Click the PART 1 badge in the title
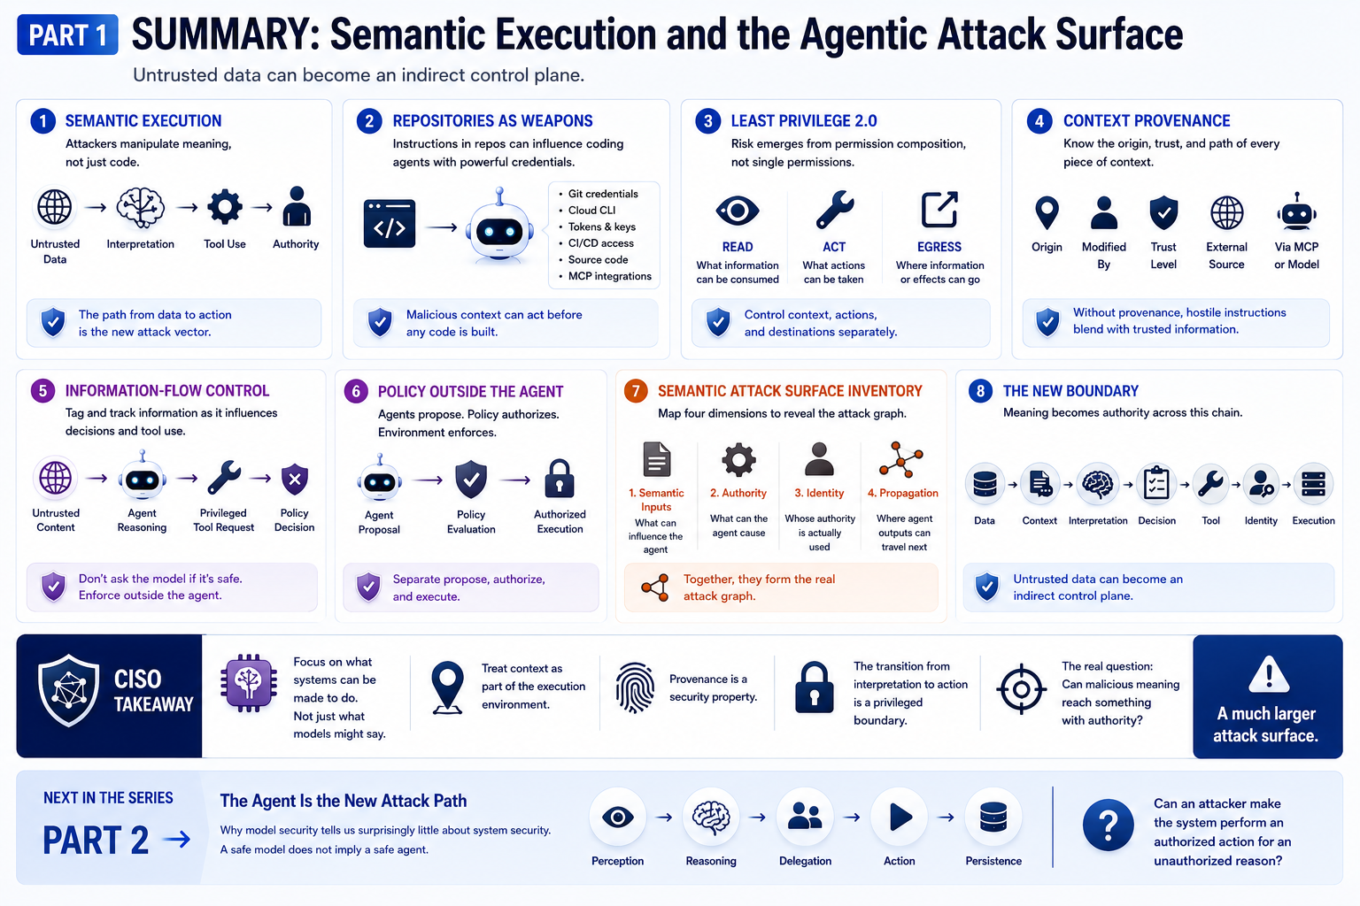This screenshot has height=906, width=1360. point(67,35)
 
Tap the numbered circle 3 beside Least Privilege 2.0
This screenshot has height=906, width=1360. point(707,121)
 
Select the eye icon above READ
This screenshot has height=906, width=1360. point(737,211)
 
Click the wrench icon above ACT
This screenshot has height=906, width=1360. point(834,210)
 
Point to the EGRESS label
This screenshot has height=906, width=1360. point(939,247)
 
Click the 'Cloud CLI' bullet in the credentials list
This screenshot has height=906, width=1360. point(591,210)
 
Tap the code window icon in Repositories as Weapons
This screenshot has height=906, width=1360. point(390,224)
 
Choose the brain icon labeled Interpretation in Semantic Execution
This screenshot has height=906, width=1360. point(140,208)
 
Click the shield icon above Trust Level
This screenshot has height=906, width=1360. point(1163,213)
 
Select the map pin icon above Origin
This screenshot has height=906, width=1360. point(1047,213)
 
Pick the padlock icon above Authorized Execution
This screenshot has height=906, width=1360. point(560,479)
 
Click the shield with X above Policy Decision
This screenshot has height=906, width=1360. point(295,480)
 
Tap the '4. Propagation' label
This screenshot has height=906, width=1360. point(903,493)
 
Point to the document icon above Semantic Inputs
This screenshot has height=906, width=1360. point(656,459)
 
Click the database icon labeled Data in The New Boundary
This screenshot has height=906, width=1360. point(985,484)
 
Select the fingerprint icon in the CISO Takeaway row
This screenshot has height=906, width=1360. point(635,687)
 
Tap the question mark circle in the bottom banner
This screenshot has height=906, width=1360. point(1108,825)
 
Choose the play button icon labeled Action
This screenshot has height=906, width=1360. point(900,817)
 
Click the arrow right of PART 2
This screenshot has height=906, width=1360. point(177,840)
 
